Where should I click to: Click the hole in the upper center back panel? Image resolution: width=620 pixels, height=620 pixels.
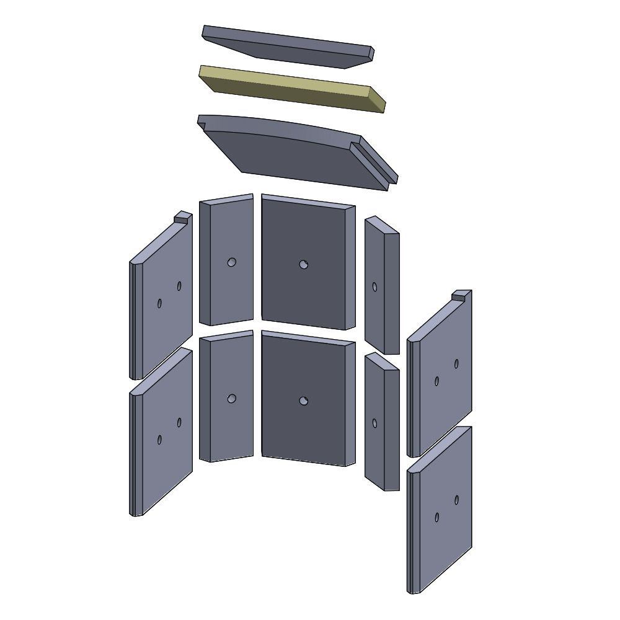[303, 265]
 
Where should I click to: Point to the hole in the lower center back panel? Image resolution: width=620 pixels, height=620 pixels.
[303, 401]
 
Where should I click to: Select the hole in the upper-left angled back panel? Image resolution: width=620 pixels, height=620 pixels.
[231, 262]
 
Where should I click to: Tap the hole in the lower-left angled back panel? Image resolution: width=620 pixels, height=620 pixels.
[231, 399]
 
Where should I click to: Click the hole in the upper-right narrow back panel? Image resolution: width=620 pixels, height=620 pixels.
[374, 287]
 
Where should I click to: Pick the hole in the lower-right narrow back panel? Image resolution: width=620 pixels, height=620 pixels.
[374, 423]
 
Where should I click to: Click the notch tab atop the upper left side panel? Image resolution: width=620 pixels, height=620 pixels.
[183, 216]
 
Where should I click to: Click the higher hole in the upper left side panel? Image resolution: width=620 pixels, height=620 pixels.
[179, 286]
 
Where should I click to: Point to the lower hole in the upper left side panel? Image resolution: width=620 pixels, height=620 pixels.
[159, 303]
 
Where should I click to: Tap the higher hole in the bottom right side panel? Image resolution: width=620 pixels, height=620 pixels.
[456, 500]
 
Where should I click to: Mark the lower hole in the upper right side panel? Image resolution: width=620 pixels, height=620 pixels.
[436, 381]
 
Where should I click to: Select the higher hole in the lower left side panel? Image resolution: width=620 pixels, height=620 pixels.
[179, 422]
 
